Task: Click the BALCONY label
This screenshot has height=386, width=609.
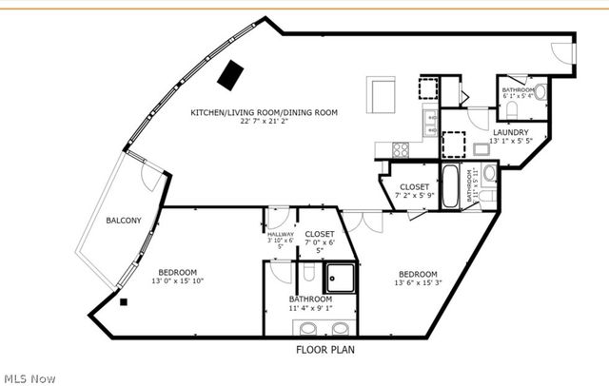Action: click(x=123, y=221)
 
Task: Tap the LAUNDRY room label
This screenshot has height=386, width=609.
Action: click(x=510, y=131)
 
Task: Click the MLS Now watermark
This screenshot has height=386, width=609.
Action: click(x=29, y=377)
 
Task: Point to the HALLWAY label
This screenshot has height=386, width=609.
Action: click(x=280, y=235)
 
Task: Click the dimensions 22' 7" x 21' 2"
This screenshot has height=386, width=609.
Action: click(x=264, y=123)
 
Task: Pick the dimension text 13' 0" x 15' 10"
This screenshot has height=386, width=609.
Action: click(x=178, y=280)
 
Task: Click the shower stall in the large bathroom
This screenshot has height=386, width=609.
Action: click(x=339, y=278)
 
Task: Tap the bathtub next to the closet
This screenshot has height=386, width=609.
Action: click(x=451, y=186)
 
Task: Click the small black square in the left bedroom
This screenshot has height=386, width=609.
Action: click(x=123, y=302)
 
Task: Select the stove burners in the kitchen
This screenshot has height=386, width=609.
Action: click(x=400, y=148)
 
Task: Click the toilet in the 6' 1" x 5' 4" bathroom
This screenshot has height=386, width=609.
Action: click(x=540, y=93)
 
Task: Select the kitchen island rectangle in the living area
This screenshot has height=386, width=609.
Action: click(x=383, y=95)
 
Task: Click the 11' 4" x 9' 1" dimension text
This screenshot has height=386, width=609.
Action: click(x=310, y=307)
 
